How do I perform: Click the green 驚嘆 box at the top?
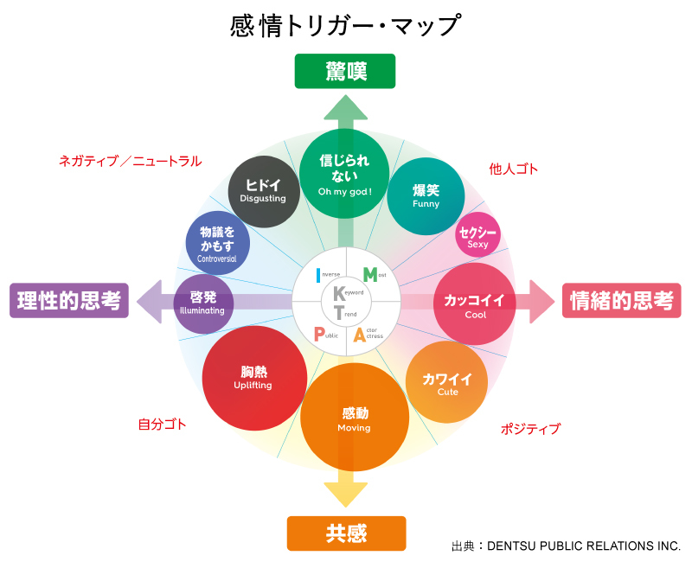coord(345,72)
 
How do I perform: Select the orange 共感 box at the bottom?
coord(346,533)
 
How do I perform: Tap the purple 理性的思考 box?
coord(69,301)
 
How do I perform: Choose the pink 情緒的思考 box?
coord(622,301)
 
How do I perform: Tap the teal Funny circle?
coord(426,196)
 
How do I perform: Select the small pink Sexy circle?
coord(477,236)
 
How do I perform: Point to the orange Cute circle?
coord(446,382)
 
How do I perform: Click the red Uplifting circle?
coord(253,378)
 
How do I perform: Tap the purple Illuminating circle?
coord(204,303)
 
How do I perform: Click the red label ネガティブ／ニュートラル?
coord(130,161)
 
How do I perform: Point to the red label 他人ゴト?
coord(513,169)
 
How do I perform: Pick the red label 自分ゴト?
coord(162,425)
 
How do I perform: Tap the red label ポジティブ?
coord(530,429)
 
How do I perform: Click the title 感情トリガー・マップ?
coord(345,26)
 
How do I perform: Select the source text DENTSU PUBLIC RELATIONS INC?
coord(584,546)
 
